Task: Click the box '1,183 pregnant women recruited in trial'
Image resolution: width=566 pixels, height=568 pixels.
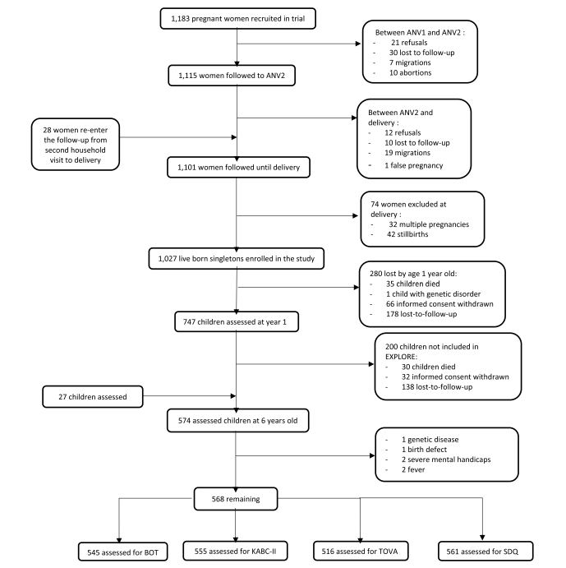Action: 238,18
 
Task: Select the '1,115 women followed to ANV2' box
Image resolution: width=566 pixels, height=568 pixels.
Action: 232,76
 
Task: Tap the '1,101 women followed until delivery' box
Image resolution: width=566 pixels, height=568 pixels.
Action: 238,167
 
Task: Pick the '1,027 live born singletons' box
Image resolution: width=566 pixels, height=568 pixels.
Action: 237,259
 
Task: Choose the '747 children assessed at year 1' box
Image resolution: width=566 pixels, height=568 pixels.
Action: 237,321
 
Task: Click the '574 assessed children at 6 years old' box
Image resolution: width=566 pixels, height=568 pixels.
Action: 238,421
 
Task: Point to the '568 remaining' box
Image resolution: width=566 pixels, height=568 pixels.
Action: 236,499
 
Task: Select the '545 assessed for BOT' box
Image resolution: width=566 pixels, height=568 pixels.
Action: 122,552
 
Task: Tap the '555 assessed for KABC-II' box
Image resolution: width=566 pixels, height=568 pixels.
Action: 236,551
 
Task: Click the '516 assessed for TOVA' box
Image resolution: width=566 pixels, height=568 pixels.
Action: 361,551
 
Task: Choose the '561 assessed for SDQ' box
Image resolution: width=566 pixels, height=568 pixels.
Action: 485,552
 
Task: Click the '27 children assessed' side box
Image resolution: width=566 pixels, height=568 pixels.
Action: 93,397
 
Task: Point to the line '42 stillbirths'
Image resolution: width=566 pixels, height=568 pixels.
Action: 407,234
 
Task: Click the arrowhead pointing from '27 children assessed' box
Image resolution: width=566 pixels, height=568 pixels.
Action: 233,396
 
